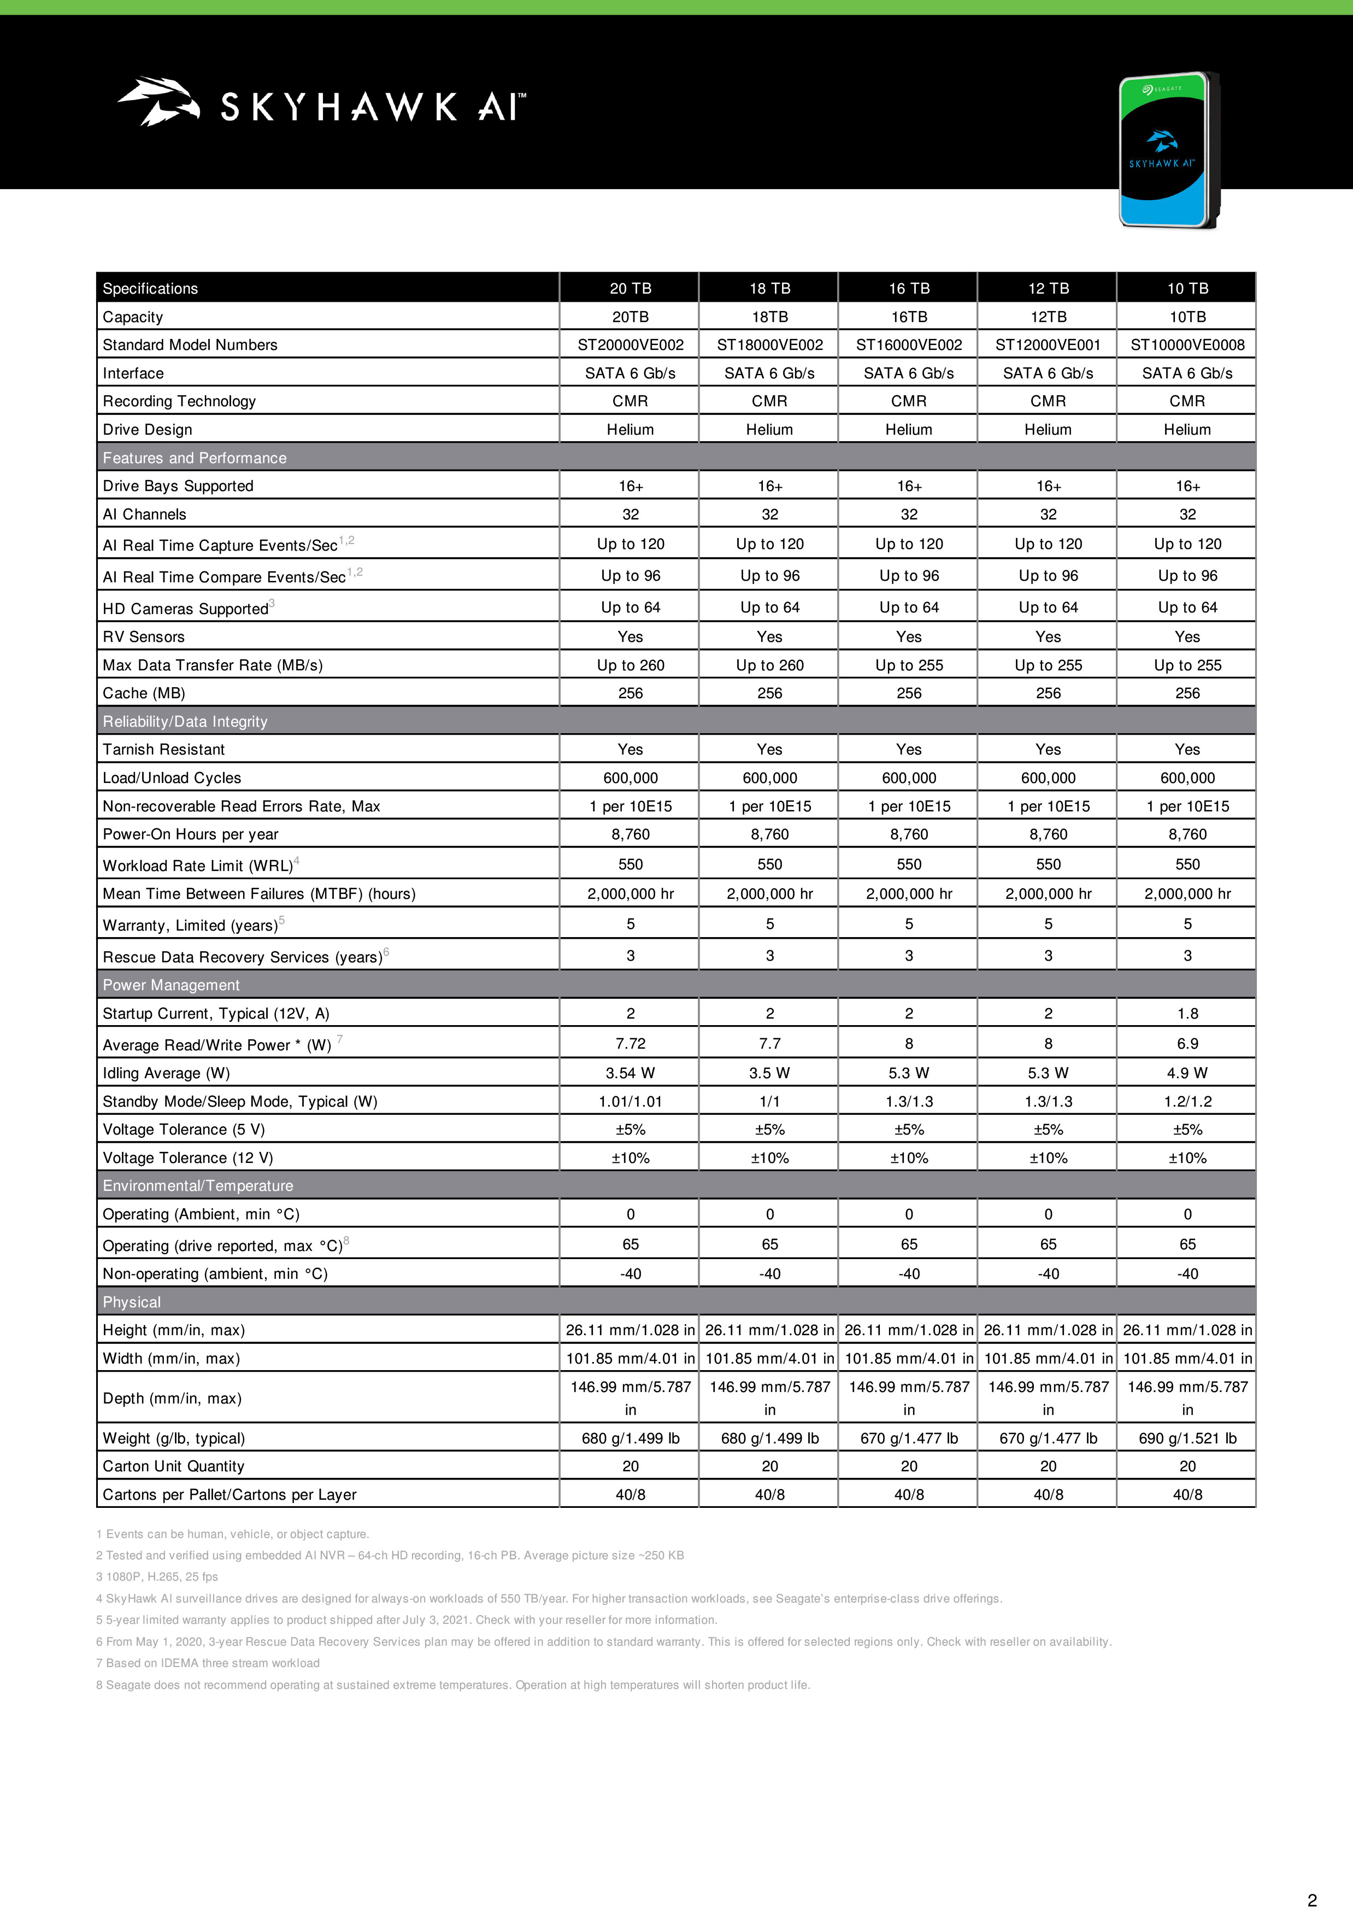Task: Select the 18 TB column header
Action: coord(769,289)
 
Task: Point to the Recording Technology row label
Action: coord(179,401)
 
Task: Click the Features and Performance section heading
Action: coord(194,458)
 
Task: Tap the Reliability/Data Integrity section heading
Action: coord(185,721)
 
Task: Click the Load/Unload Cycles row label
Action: coord(172,777)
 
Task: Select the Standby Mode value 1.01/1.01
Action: coord(630,1101)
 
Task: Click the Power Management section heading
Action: coord(171,985)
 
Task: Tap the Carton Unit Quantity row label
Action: coord(173,1466)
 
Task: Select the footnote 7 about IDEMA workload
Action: coord(208,1663)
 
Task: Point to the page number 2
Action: coord(1311,1900)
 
